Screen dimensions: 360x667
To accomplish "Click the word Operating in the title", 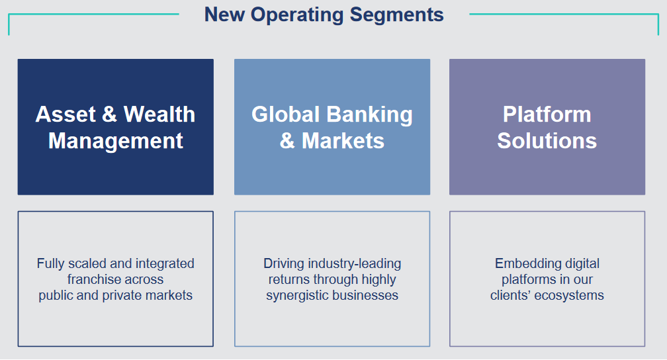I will click(296, 14).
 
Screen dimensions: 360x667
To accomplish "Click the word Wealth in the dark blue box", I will click(159, 114).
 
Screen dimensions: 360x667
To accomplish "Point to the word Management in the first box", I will click(116, 140).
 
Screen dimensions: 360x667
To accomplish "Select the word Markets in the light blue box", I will click(343, 140).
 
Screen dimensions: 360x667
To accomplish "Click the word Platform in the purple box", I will click(547, 114).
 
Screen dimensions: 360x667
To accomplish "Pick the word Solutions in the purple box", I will click(547, 140).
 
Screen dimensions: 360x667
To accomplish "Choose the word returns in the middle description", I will click(290, 279).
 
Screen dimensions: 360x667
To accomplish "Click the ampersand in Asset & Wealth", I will click(109, 114).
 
